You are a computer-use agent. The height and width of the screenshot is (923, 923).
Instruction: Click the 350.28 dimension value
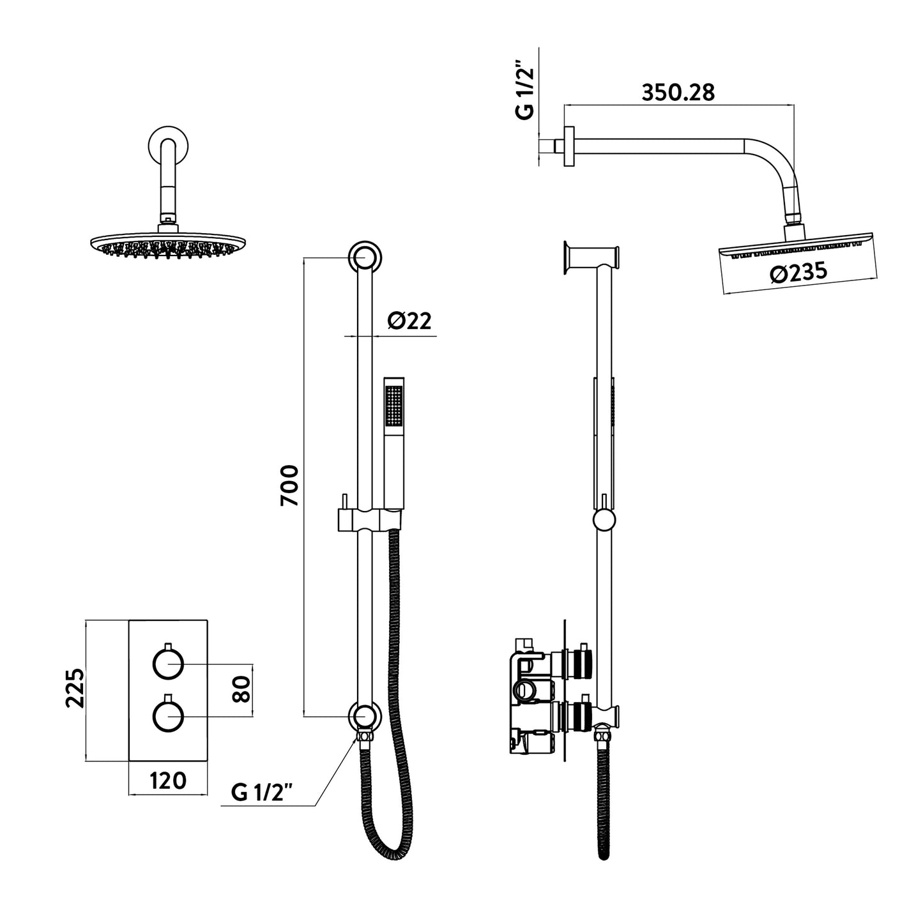(678, 93)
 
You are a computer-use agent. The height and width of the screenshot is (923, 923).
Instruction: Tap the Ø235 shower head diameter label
(798, 273)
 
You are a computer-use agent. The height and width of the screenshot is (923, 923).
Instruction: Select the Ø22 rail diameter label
(409, 321)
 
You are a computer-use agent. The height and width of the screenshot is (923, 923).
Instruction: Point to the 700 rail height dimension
(289, 485)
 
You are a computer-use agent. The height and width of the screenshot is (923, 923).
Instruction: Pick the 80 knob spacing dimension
(241, 689)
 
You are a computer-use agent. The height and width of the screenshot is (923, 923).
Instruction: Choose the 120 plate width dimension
(167, 781)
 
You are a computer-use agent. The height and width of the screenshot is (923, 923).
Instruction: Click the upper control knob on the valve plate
(168, 665)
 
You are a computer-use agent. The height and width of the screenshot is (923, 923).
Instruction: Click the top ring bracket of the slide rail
(366, 257)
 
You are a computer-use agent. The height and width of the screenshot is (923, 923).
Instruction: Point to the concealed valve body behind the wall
(530, 696)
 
